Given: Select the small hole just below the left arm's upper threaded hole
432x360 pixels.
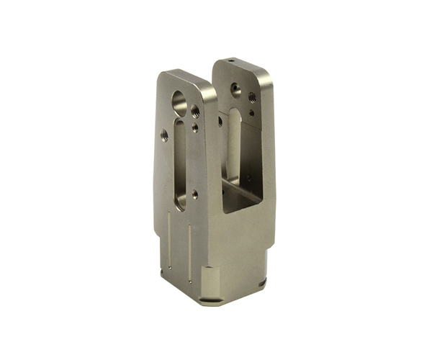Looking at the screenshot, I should [x=196, y=130].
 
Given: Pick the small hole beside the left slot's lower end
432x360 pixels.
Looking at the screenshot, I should [x=195, y=193].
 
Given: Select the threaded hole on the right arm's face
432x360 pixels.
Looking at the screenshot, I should [x=252, y=97].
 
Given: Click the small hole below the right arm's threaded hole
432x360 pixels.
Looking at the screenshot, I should [x=252, y=112].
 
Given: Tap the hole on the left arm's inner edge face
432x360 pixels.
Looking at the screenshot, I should [x=219, y=122].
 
